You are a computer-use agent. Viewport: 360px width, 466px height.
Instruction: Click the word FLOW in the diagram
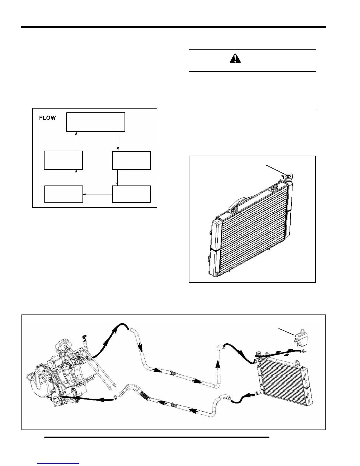pyautogui.click(x=47, y=118)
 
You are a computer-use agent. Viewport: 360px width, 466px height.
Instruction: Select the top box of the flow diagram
pyautogui.click(x=96, y=122)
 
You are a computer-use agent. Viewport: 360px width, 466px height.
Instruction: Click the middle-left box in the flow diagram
pyautogui.click(x=63, y=160)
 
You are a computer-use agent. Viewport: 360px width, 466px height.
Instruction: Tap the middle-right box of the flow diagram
pyautogui.click(x=131, y=160)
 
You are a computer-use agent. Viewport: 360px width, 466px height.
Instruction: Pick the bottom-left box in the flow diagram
pyautogui.click(x=64, y=194)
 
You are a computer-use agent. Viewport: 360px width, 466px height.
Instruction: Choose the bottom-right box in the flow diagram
pyautogui.click(x=131, y=194)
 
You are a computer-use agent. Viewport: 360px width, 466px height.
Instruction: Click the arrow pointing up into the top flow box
pyautogui.click(x=76, y=141)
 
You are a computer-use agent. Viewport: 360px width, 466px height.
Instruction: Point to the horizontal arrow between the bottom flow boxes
pyautogui.click(x=97, y=194)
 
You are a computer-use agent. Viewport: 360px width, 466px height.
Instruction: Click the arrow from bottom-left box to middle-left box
pyautogui.click(x=76, y=177)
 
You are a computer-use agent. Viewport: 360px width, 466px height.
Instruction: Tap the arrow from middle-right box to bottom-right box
pyautogui.click(x=118, y=177)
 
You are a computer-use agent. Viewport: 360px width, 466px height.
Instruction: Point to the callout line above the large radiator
pyautogui.click(x=275, y=169)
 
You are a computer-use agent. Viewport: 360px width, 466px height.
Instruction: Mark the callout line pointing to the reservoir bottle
pyautogui.click(x=286, y=331)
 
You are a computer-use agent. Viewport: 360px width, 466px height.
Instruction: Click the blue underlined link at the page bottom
pyautogui.click(x=59, y=464)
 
